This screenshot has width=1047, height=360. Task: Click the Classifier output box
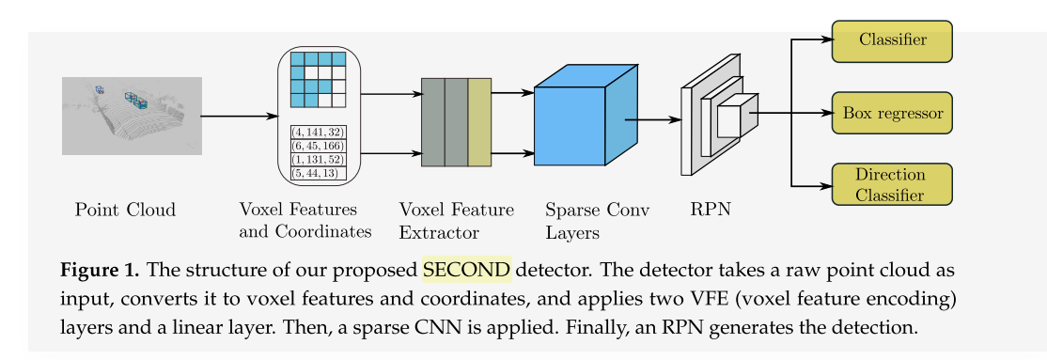pyautogui.click(x=892, y=40)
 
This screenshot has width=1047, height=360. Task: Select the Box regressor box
pyautogui.click(x=892, y=113)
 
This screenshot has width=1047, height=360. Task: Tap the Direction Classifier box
pyautogui.click(x=892, y=184)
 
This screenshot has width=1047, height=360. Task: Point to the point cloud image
pyautogui.click(x=133, y=116)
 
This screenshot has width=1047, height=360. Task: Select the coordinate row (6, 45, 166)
pyautogui.click(x=319, y=147)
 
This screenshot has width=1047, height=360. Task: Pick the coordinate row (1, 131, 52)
pyautogui.click(x=319, y=160)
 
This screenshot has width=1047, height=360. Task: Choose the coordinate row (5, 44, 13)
pyautogui.click(x=319, y=173)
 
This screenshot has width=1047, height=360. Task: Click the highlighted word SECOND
pyautogui.click(x=467, y=270)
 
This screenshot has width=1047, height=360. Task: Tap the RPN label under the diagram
pyautogui.click(x=711, y=209)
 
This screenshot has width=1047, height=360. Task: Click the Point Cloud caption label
pyautogui.click(x=125, y=209)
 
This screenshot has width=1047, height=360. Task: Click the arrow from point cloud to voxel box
pyautogui.click(x=240, y=117)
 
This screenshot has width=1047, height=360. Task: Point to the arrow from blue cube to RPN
pyautogui.click(x=649, y=120)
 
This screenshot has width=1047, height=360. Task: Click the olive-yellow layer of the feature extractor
pyautogui.click(x=479, y=122)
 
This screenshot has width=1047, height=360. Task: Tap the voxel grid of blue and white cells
pyautogui.click(x=319, y=79)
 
